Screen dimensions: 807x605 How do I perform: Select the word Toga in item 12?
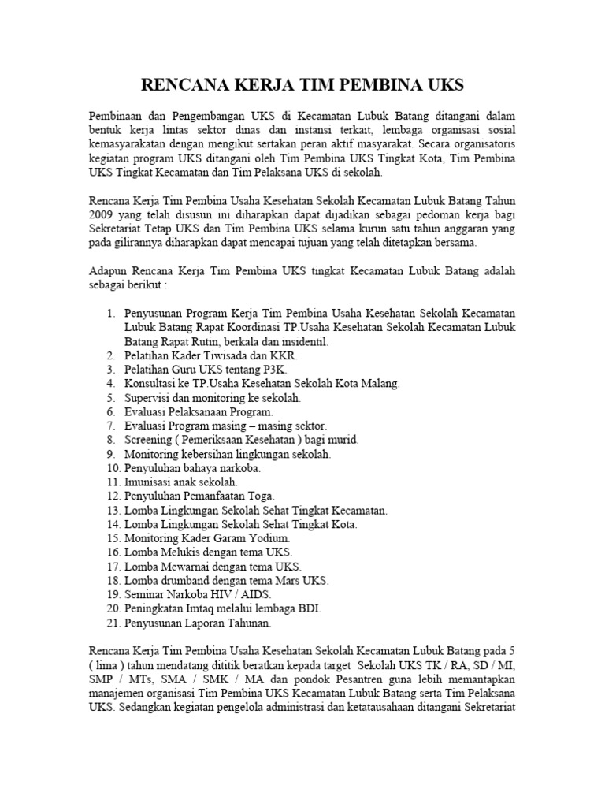pos(259,496)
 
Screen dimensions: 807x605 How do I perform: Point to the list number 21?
pos(113,623)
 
